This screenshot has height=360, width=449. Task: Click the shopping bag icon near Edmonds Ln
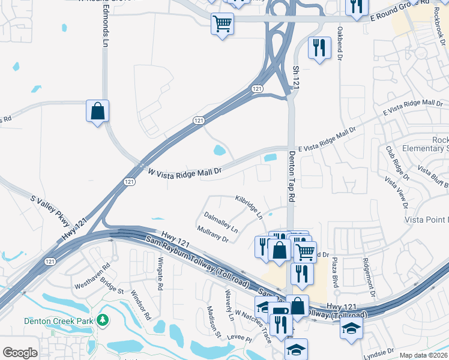click(97, 112)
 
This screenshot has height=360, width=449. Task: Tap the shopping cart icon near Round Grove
click(222, 25)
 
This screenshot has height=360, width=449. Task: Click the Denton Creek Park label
click(59, 321)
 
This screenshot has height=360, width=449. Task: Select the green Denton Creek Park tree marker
click(103, 320)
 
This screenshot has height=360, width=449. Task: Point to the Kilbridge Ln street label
click(249, 206)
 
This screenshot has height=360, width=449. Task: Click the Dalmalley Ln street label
click(220, 221)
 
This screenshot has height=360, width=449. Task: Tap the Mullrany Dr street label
click(212, 234)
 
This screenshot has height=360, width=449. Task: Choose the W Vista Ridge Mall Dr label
click(185, 172)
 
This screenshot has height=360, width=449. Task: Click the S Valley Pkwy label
click(52, 211)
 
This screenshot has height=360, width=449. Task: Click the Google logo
click(20, 353)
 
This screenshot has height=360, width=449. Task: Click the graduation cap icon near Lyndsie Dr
click(351, 328)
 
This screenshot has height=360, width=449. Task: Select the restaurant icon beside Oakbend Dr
click(319, 47)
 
